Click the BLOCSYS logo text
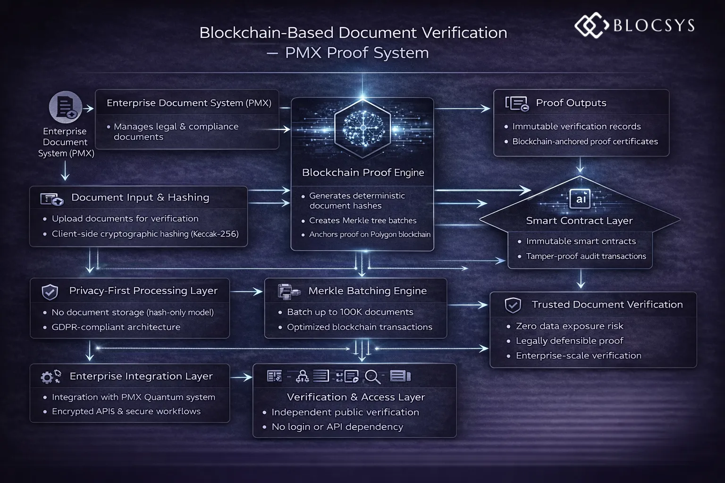pyautogui.click(x=653, y=25)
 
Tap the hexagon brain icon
pyautogui.click(x=362, y=128)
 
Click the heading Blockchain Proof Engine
pyautogui.click(x=362, y=173)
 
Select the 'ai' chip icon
pyautogui.click(x=580, y=199)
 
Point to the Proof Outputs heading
pyautogui.click(x=571, y=103)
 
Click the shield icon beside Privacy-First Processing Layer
pyautogui.click(x=50, y=292)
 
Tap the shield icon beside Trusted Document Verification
pyautogui.click(x=513, y=305)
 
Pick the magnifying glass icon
pyautogui.click(x=372, y=376)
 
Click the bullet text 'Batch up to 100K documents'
pyautogui.click(x=350, y=312)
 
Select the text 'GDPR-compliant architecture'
pyautogui.click(x=116, y=327)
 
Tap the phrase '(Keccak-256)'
pyautogui.click(x=214, y=234)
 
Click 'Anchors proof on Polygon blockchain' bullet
pyautogui.click(x=370, y=234)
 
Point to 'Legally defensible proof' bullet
pyautogui.click(x=569, y=341)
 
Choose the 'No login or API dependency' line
pyautogui.click(x=337, y=427)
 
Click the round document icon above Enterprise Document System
pyautogui.click(x=65, y=107)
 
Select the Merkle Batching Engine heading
pyautogui.click(x=367, y=291)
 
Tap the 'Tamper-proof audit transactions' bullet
pyautogui.click(x=586, y=256)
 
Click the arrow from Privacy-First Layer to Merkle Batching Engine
pyautogui.click(x=246, y=292)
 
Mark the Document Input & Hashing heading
pyautogui.click(x=140, y=198)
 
